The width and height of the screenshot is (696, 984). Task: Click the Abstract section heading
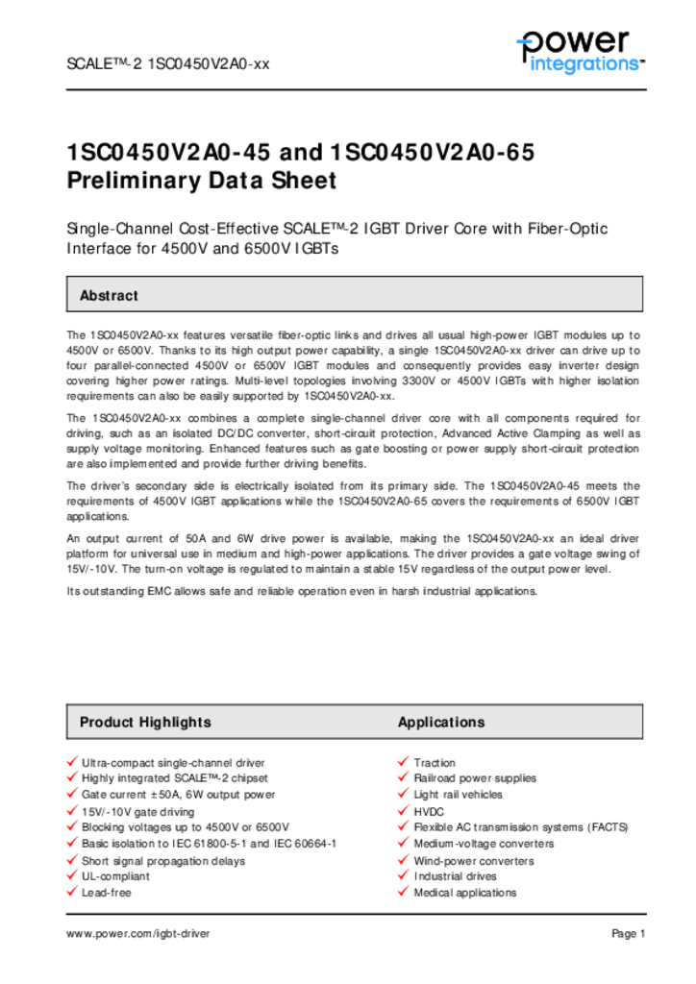109,296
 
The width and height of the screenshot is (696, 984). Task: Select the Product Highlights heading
145,722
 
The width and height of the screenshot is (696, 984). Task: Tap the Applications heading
441,722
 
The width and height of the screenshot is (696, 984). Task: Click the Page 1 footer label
629,933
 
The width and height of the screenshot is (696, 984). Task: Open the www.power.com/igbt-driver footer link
137,933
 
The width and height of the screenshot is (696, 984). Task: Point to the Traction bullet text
435,763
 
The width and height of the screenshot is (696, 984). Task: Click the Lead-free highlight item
107,893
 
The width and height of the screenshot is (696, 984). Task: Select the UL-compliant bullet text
115,876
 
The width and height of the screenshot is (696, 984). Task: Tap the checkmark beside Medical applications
404,892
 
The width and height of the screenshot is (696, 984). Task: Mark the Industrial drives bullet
455,876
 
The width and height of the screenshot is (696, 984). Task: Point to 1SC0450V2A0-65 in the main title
432,153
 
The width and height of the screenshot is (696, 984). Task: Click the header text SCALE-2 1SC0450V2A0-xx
167,64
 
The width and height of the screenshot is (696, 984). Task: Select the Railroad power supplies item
475,778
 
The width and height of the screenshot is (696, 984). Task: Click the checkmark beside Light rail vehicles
404,794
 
